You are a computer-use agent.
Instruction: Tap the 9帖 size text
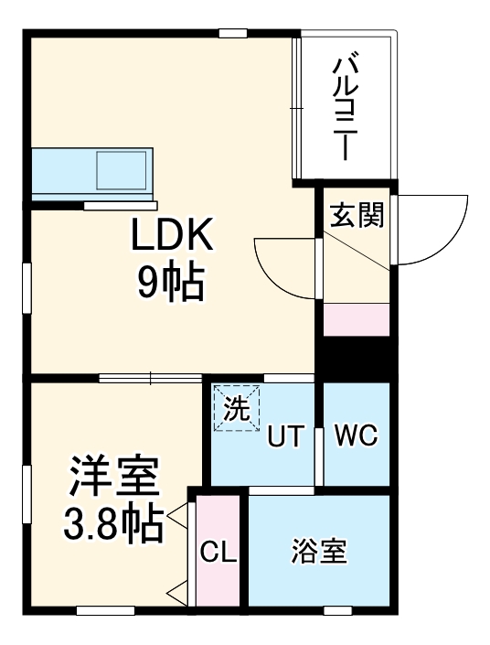170,285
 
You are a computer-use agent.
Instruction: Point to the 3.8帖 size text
113,522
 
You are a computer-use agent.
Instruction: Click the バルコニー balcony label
344,108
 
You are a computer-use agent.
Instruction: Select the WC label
356,435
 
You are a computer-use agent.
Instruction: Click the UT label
284,438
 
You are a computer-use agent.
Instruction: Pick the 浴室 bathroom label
319,553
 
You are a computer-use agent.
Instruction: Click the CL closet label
218,553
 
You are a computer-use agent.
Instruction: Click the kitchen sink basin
122,170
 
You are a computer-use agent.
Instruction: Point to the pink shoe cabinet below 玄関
357,319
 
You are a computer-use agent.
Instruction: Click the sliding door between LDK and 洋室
151,377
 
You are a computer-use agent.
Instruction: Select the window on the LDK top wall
233,34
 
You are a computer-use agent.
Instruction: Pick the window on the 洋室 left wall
27,493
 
